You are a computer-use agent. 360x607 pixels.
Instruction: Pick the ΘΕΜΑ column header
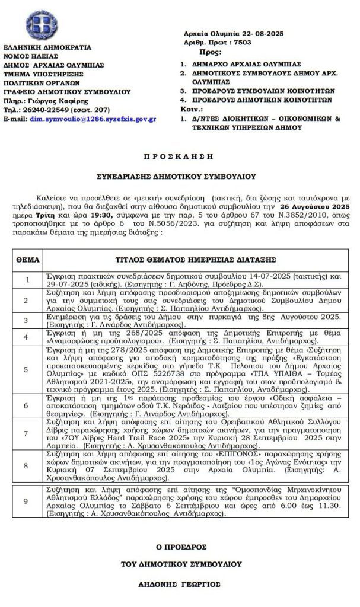tap(27, 260)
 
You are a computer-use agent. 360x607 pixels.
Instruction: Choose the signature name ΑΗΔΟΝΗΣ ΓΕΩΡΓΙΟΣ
tap(179, 584)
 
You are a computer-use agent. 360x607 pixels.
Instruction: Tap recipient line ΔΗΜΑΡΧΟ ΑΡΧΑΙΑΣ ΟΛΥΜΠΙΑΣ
tap(244, 63)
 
